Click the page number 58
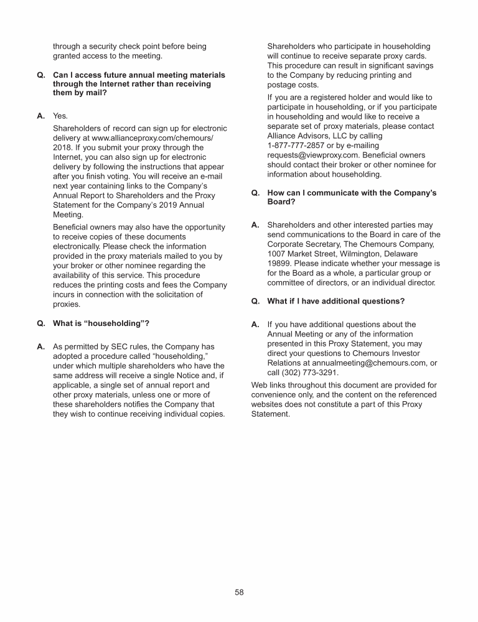pos(239,592)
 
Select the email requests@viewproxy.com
pos(308,154)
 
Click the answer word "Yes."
pos(60,116)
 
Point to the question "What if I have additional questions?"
pos(335,301)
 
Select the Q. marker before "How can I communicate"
pos(256,193)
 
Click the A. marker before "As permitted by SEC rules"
pos(41,346)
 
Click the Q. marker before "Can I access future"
pos(41,75)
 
